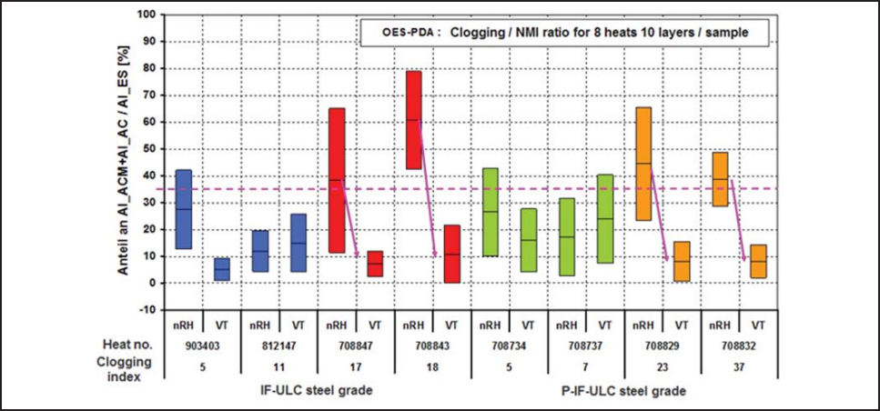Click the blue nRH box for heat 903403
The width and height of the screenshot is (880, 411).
point(183,209)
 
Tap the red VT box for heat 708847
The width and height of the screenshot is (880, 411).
point(374,264)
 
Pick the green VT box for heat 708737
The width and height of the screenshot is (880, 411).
point(603,219)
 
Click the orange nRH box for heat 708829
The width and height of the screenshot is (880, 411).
point(642,164)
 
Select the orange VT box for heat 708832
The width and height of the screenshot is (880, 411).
point(756,261)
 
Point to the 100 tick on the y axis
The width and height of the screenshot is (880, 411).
point(147,15)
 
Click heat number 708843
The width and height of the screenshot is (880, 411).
point(431,346)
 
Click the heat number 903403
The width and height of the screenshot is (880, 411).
point(202,346)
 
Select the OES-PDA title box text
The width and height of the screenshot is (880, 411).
point(561,32)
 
